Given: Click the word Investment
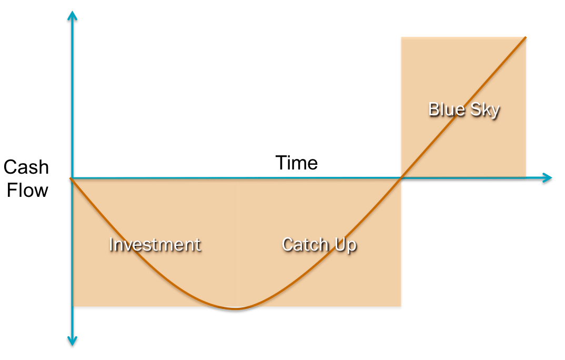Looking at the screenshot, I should click(x=155, y=245).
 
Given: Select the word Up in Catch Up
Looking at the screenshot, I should click(x=346, y=245).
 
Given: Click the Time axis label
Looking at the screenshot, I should click(x=296, y=163).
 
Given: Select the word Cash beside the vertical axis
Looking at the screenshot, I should click(x=26, y=167).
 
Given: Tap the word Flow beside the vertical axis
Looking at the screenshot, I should click(x=27, y=189).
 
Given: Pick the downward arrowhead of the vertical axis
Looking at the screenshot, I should click(x=73, y=343).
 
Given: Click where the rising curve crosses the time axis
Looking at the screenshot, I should click(x=401, y=179).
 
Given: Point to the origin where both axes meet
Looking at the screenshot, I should click(x=73, y=179).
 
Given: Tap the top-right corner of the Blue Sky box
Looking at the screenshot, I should click(x=527, y=37).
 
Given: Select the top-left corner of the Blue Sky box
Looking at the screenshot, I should click(x=401, y=37).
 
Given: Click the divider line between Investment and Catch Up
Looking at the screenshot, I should click(x=236, y=242).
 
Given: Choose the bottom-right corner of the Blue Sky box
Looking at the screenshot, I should click(x=527, y=176).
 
